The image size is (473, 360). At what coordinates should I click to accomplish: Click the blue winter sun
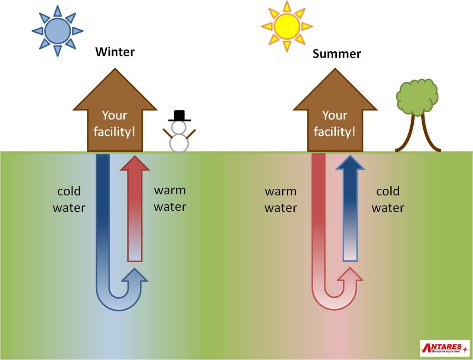[58, 31]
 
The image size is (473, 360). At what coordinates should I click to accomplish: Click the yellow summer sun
[286, 26]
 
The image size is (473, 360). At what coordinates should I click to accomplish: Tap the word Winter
[115, 51]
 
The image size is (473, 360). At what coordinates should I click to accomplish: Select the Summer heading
[337, 54]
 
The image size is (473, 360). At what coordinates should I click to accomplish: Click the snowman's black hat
[179, 116]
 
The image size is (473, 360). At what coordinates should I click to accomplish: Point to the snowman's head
[179, 127]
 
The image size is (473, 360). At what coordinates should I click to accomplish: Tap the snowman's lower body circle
[179, 143]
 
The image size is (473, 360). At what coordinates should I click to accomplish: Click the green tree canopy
[417, 97]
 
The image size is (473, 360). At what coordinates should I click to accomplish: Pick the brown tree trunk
[418, 136]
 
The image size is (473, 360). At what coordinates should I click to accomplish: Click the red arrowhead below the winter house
[135, 164]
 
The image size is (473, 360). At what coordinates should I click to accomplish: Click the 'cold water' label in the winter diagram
[69, 199]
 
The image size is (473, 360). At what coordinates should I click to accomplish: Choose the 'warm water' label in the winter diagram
[170, 198]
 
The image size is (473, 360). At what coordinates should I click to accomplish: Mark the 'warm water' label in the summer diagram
[281, 199]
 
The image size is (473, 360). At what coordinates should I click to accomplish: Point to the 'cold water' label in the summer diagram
[388, 199]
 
